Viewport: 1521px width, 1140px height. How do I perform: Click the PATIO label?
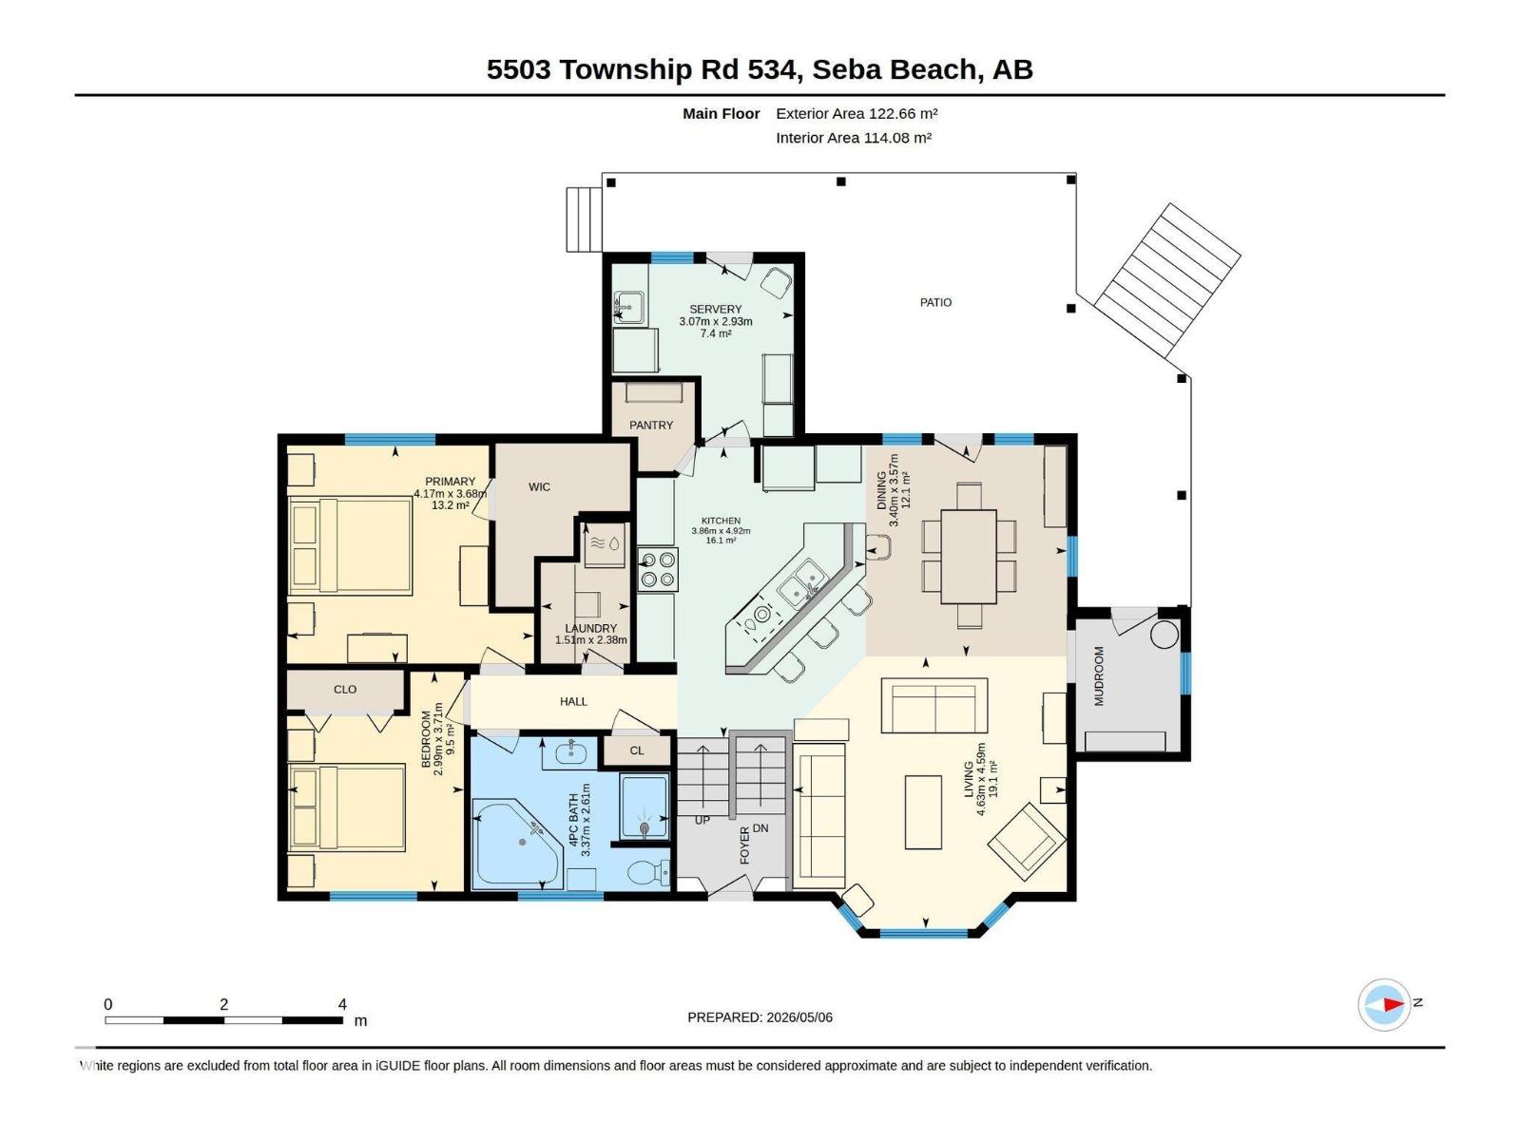[x=934, y=302]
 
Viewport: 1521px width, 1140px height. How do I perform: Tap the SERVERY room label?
[x=715, y=310]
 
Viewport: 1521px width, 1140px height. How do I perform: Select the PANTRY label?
[x=650, y=425]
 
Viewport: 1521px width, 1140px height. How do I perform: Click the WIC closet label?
[x=539, y=487]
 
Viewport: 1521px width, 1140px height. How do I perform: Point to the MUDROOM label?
[x=1098, y=676]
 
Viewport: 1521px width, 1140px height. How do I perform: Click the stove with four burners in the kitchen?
[x=657, y=569]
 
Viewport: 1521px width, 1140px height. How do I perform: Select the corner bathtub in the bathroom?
[x=516, y=843]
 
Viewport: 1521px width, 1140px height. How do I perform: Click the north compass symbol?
[x=1384, y=1003]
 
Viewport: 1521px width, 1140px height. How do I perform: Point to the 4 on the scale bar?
[x=342, y=1003]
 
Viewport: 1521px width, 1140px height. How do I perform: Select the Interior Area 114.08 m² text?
[x=853, y=138]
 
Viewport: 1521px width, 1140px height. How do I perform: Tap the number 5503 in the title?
[x=519, y=70]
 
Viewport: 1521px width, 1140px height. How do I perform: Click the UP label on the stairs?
[x=702, y=820]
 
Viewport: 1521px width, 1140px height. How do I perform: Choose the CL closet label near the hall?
[x=637, y=750]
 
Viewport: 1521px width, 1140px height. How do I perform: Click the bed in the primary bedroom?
[x=351, y=545]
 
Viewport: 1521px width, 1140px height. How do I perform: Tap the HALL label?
[x=573, y=702]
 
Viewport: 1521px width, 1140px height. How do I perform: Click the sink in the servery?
[x=629, y=308]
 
